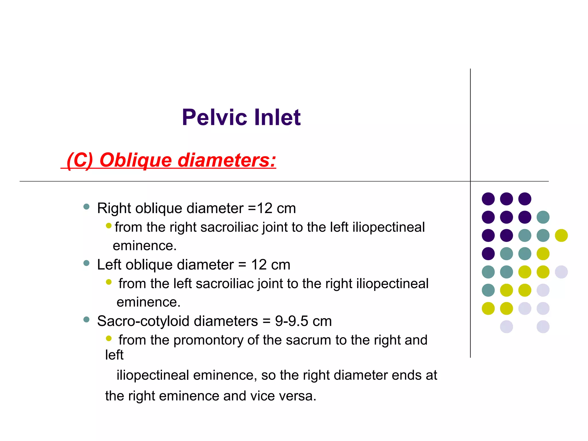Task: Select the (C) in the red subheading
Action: pyautogui.click(x=80, y=160)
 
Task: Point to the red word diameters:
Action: pyautogui.click(x=227, y=160)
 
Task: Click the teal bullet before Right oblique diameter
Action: pyautogui.click(x=86, y=207)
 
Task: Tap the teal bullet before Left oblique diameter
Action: pyautogui.click(x=86, y=263)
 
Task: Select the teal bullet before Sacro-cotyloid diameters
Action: pyautogui.click(x=86, y=320)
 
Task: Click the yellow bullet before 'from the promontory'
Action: pyautogui.click(x=109, y=339)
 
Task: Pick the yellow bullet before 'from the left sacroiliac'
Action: pyautogui.click(x=109, y=282)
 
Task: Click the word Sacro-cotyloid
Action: pyautogui.click(x=145, y=321)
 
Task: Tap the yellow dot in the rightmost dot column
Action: pyautogui.click(x=561, y=235)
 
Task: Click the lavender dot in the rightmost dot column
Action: pyautogui.click(x=561, y=272)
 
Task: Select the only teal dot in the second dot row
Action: pyautogui.click(x=543, y=217)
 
